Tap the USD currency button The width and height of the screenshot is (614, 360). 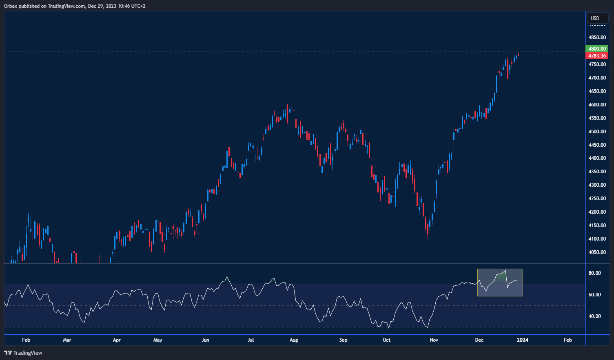[595, 18]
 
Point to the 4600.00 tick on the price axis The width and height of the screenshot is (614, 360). [597, 105]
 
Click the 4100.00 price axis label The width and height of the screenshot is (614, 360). [597, 239]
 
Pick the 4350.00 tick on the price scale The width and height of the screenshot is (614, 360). [597, 172]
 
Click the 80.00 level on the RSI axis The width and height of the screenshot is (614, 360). [594, 273]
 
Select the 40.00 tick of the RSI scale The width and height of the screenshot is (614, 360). [594, 316]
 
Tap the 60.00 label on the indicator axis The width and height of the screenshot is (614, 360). [594, 295]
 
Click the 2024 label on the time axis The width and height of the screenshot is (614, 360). [523, 340]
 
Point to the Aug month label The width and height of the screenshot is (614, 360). [293, 340]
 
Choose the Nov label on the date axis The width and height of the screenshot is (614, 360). [434, 340]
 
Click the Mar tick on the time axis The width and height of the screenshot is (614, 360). [67, 340]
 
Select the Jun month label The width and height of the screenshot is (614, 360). [205, 340]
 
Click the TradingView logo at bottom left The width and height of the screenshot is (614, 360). [23, 353]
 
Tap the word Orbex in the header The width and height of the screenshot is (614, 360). [11, 6]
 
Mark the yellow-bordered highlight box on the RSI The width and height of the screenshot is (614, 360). [500, 282]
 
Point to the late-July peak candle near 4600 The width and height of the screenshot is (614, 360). [288, 112]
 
